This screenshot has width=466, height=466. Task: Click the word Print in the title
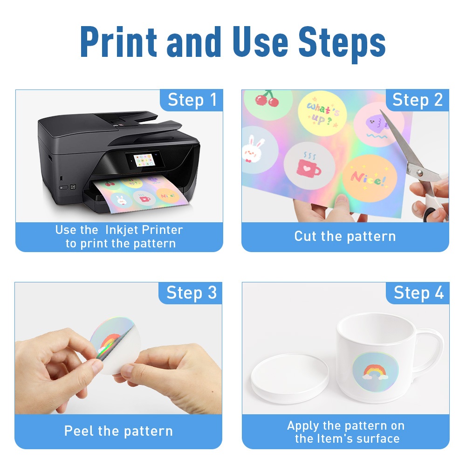(x=118, y=42)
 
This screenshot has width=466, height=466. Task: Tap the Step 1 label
(x=192, y=100)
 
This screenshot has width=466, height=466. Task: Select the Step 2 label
(x=417, y=100)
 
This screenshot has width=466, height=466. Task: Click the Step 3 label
(x=192, y=293)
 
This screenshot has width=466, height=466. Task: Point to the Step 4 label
(x=418, y=293)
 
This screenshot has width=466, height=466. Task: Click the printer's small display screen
(x=144, y=160)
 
